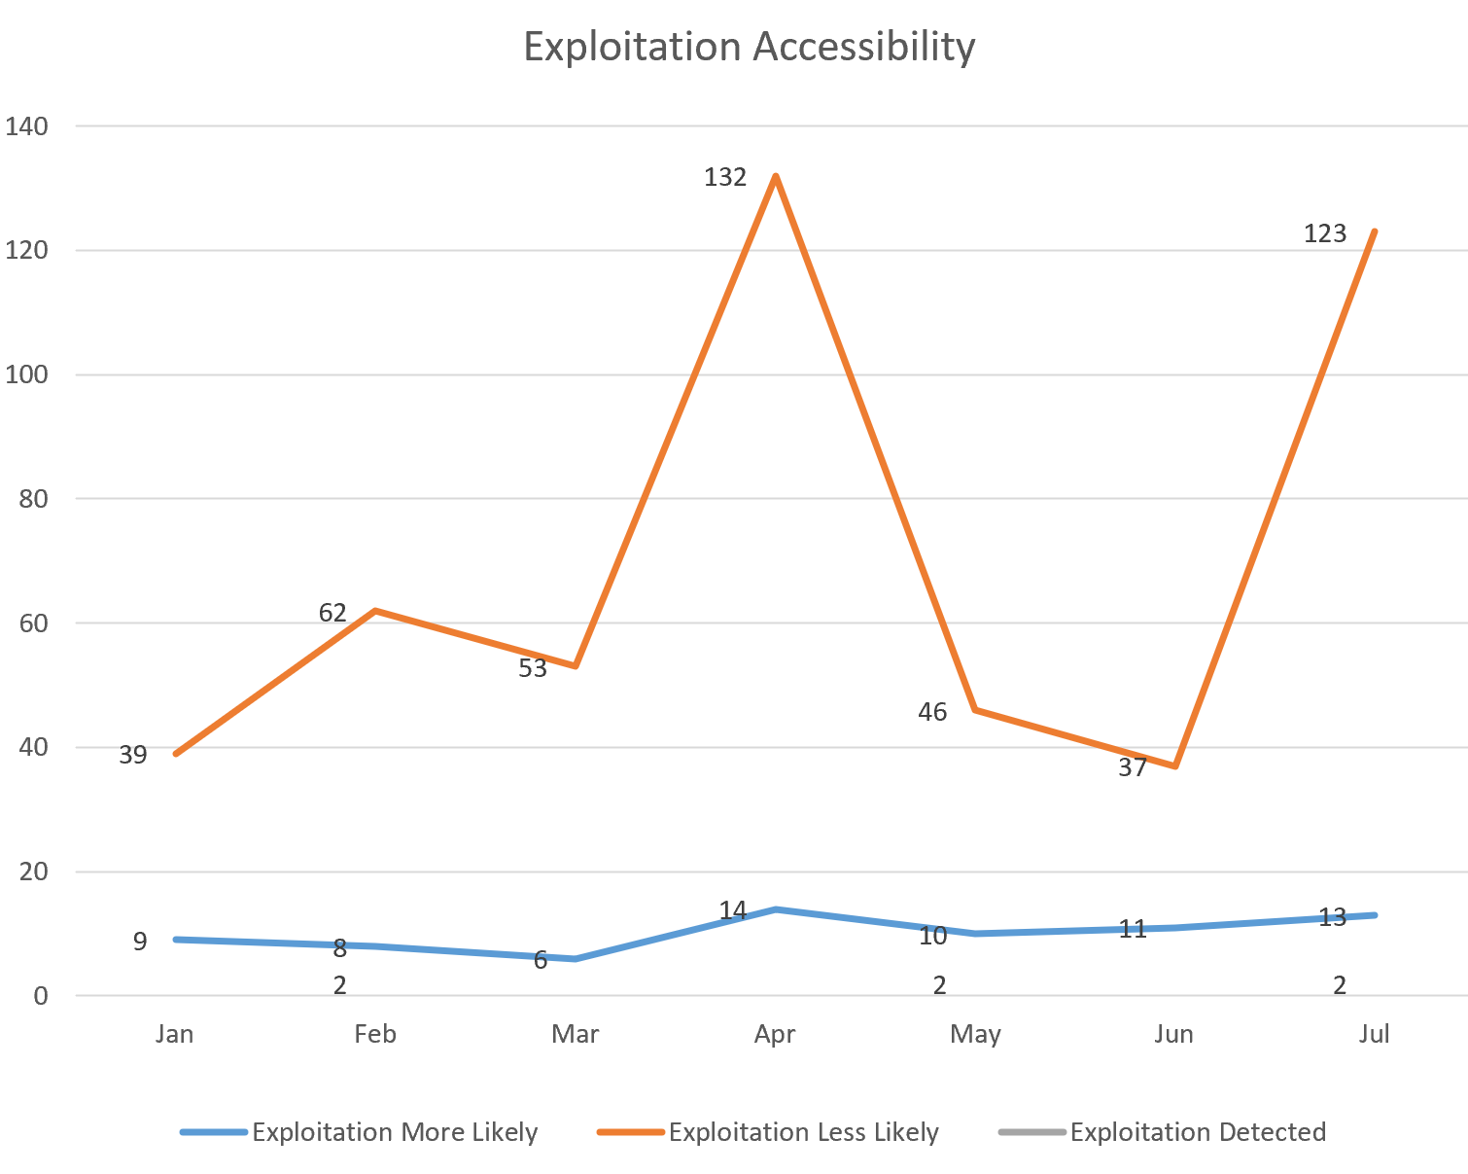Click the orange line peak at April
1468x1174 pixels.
[x=775, y=176]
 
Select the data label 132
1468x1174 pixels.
[x=725, y=177]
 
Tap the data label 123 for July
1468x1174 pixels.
[x=1325, y=233]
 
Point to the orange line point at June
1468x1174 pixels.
[x=1175, y=766]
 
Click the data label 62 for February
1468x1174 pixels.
[x=332, y=613]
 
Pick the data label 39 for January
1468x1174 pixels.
[x=133, y=755]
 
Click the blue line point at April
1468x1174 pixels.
[x=775, y=909]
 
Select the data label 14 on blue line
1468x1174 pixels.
[x=733, y=910]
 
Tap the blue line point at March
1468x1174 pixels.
[x=576, y=959]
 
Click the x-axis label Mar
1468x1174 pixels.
[x=576, y=1034]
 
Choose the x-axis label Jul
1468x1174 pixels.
[x=1375, y=1034]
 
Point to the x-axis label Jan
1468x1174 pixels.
[x=175, y=1034]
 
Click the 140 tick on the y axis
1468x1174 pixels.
[x=26, y=126]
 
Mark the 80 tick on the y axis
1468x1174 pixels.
[x=33, y=499]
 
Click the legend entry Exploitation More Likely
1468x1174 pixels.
[x=394, y=1132]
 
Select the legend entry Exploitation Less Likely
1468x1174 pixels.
[x=803, y=1132]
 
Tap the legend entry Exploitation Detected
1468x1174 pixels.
[x=1198, y=1132]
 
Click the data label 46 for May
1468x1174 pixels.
[x=932, y=713]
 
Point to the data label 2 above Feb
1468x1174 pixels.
[x=339, y=985]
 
